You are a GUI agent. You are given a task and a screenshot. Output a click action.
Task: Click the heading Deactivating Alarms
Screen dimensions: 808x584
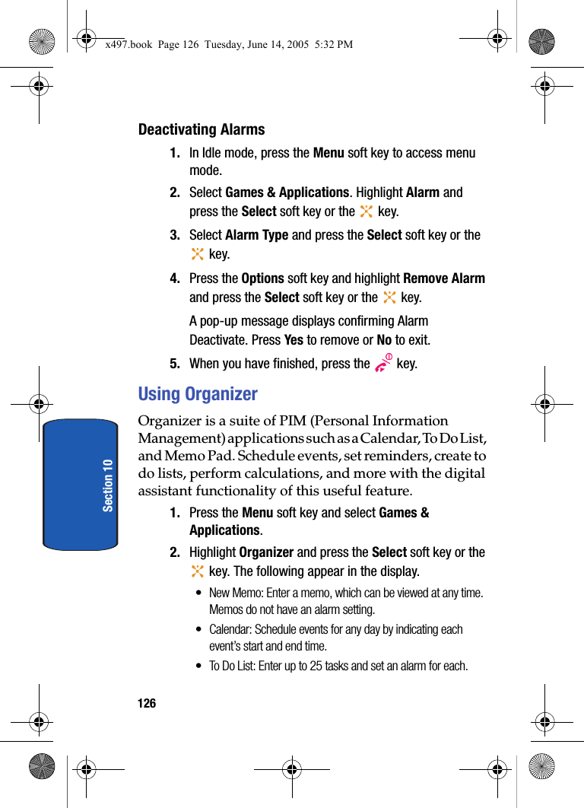[x=202, y=130]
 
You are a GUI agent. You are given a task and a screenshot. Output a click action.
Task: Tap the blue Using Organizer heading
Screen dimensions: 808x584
[x=198, y=394]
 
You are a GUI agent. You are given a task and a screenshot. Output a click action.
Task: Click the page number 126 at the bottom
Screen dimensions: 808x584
[x=147, y=704]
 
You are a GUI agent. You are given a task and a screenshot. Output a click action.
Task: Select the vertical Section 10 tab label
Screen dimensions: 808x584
[x=108, y=485]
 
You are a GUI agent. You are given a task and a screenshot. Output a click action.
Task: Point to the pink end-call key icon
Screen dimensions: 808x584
[x=383, y=364]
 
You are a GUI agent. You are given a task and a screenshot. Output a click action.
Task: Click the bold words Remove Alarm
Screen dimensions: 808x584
[x=444, y=278]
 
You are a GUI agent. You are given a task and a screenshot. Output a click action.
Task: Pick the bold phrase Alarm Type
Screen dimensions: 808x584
[x=256, y=235]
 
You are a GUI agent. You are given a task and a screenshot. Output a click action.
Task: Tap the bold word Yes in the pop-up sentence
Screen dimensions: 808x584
[x=293, y=340]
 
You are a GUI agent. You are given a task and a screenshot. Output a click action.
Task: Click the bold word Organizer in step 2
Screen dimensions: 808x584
[x=266, y=552]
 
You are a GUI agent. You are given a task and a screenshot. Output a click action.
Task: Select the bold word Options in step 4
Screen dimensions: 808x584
[x=262, y=278]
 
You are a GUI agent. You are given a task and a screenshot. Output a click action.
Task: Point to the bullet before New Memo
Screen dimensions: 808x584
[x=199, y=593]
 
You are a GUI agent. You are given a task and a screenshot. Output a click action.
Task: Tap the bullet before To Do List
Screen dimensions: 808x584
[x=199, y=666]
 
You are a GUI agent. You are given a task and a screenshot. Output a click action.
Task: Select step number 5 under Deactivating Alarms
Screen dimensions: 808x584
[x=175, y=364]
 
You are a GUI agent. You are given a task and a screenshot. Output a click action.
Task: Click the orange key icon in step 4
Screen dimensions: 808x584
[x=389, y=297]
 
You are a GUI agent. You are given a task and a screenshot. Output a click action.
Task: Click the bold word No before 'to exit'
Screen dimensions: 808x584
[x=384, y=340]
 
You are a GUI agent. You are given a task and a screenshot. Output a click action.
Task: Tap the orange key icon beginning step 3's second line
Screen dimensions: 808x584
[x=198, y=254]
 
